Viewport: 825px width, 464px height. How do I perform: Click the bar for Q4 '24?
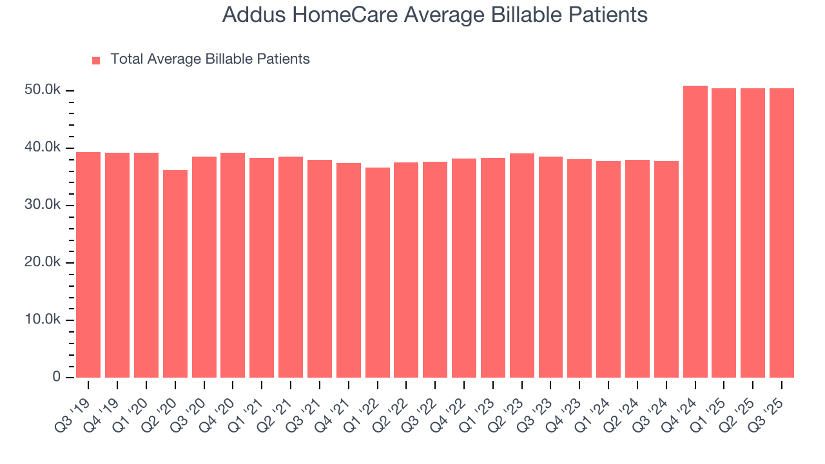(695, 232)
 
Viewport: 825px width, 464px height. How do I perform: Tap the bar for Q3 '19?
(88, 264)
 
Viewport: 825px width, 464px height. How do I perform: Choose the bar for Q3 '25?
(782, 233)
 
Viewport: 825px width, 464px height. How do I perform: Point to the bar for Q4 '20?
(233, 265)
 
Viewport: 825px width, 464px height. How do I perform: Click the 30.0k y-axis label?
(43, 205)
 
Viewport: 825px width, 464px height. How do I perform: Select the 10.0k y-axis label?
(43, 320)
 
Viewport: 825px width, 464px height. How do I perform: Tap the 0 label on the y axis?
(57, 378)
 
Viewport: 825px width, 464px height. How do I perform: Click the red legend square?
(96, 60)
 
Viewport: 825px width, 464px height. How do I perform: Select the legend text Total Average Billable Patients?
(210, 59)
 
